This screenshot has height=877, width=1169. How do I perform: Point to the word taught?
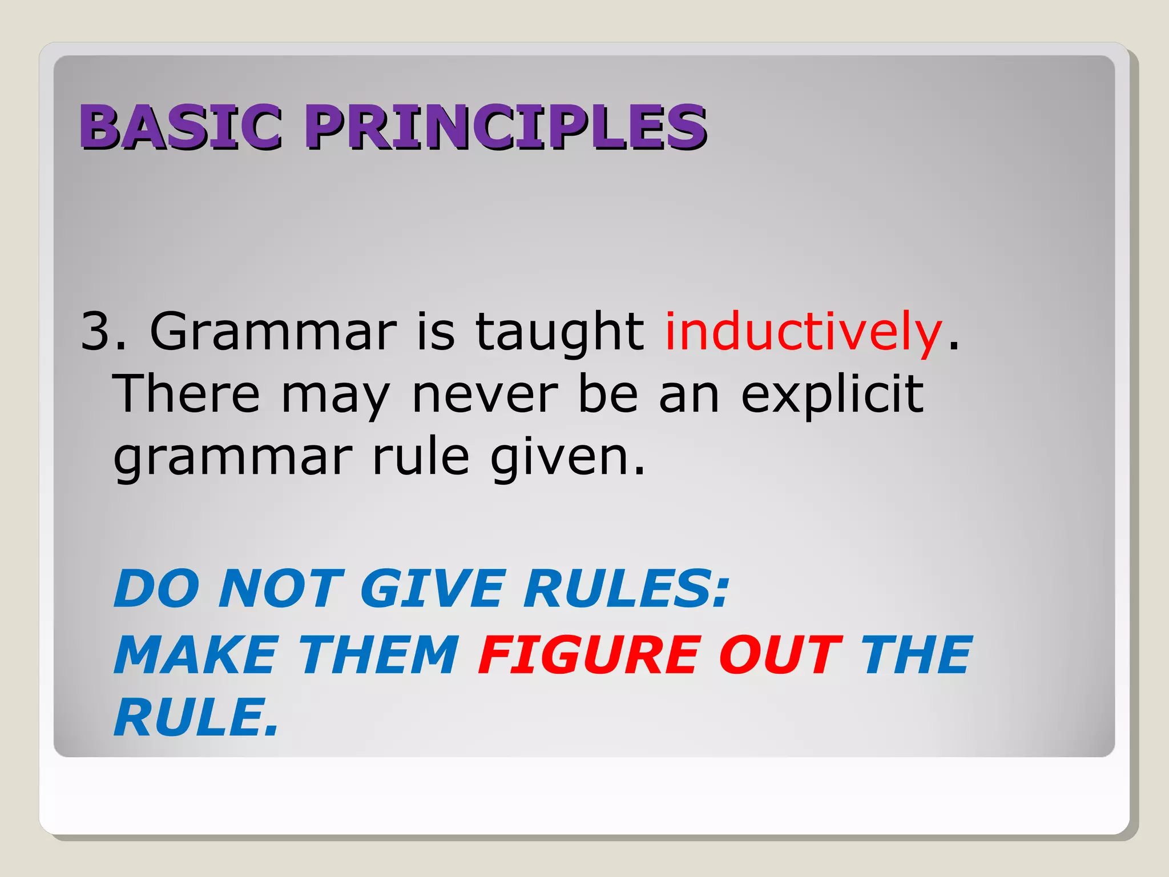click(559, 333)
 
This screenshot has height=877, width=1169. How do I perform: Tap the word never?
click(485, 396)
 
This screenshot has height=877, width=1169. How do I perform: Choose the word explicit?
click(832, 396)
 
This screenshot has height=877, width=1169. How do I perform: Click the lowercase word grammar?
click(233, 458)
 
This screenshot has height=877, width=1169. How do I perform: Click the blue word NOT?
click(281, 589)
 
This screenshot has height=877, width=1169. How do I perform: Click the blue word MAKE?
click(196, 655)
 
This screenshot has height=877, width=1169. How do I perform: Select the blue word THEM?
click(380, 655)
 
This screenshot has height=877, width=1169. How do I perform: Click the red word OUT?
click(780, 655)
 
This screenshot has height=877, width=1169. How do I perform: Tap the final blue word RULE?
click(195, 718)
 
